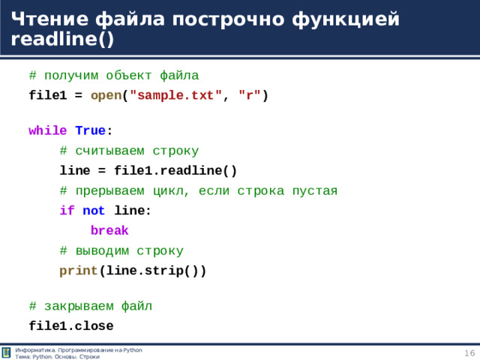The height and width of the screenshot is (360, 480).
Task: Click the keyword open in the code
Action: [106, 95]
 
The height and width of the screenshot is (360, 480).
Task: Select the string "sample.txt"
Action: [175, 95]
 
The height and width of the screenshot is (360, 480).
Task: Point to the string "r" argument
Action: [250, 95]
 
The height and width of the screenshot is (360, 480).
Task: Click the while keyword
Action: [47, 130]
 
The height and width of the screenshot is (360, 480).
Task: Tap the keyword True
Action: [90, 130]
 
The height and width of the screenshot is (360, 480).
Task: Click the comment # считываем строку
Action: [129, 150]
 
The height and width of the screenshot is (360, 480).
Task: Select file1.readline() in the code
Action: [175, 170]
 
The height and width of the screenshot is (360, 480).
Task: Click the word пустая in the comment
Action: [310, 190]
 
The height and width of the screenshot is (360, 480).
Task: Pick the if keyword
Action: [67, 211]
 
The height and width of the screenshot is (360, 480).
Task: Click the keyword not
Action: [94, 211]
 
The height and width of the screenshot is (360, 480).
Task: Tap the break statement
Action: [109, 231]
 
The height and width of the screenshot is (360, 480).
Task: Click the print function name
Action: [79, 271]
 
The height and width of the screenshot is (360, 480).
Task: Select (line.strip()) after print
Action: [152, 271]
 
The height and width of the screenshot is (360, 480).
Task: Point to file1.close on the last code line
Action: [70, 326]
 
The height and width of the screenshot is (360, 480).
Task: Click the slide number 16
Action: [469, 353]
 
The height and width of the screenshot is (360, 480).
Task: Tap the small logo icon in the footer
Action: [7, 353]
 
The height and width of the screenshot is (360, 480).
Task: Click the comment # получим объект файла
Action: [113, 75]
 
